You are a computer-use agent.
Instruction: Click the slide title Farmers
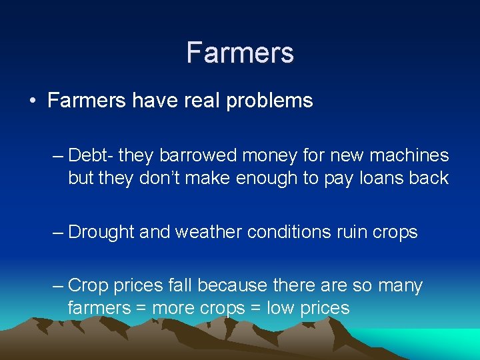240,52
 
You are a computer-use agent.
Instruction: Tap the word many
400,286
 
